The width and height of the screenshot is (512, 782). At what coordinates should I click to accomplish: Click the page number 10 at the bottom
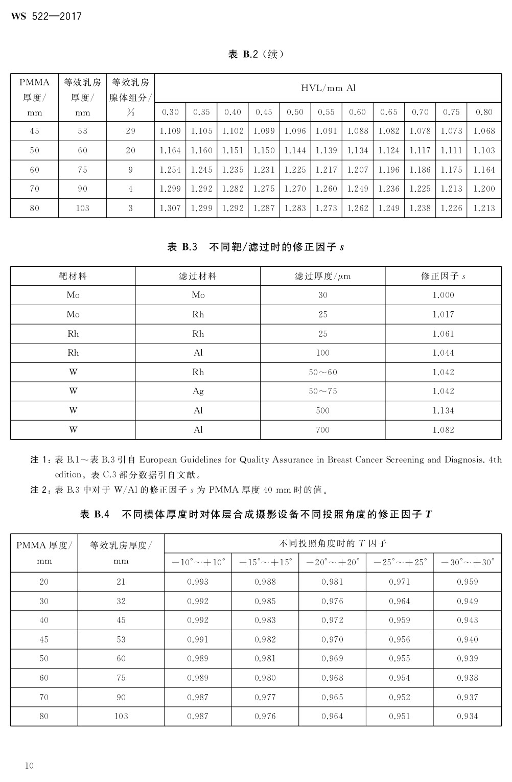click(x=29, y=765)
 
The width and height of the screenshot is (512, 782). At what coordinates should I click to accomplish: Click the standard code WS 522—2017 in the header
click(x=46, y=17)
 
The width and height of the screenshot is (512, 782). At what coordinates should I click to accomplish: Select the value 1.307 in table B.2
click(x=170, y=208)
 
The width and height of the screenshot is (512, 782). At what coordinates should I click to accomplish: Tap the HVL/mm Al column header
click(x=328, y=88)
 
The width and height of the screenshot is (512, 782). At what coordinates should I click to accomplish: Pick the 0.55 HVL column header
click(x=326, y=112)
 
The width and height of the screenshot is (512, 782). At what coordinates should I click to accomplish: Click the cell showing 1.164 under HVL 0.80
click(x=484, y=170)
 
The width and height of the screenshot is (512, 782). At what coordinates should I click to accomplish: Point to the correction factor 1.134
click(x=443, y=410)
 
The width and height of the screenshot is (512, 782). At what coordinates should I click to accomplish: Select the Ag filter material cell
click(x=198, y=391)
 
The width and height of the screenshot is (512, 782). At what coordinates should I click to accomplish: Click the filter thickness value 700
click(x=322, y=430)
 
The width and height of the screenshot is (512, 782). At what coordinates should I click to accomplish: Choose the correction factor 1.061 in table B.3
click(x=443, y=334)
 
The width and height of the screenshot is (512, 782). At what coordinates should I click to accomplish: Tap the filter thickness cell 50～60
click(x=322, y=372)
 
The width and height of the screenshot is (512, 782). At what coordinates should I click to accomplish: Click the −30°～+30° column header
click(x=467, y=562)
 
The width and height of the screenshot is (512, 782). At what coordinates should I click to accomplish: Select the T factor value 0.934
click(x=467, y=716)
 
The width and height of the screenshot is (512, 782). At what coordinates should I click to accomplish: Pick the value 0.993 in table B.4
click(x=198, y=582)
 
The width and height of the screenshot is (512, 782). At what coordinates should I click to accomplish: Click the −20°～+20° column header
click(x=333, y=562)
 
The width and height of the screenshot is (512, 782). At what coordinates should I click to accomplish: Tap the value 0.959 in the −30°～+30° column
click(x=467, y=582)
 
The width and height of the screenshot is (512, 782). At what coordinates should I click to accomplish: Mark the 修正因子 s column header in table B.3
click(x=443, y=276)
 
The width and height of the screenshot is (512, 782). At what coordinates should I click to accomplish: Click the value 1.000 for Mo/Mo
click(x=443, y=295)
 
